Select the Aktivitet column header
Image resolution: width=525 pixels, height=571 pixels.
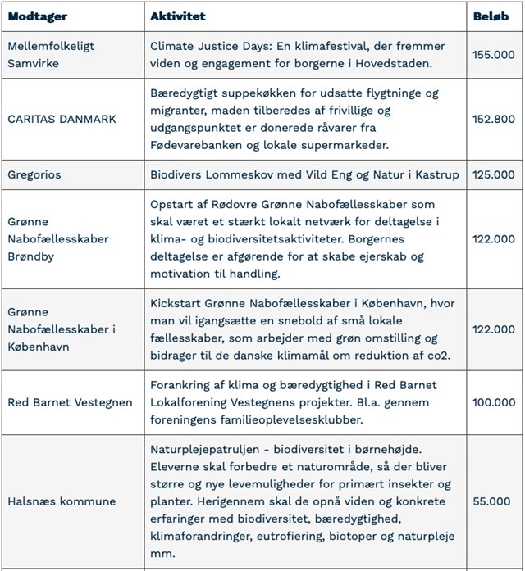click(178, 16)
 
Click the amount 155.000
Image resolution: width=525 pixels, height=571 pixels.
click(494, 55)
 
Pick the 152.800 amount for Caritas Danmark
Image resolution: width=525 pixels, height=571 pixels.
click(494, 119)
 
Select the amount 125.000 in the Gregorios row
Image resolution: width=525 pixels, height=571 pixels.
click(494, 174)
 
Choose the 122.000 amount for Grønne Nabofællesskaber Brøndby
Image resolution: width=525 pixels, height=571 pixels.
click(494, 238)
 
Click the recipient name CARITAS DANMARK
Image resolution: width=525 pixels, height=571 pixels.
click(62, 119)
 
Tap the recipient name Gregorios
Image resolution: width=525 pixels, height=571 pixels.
click(34, 174)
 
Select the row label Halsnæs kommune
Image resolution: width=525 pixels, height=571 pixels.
click(62, 501)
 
